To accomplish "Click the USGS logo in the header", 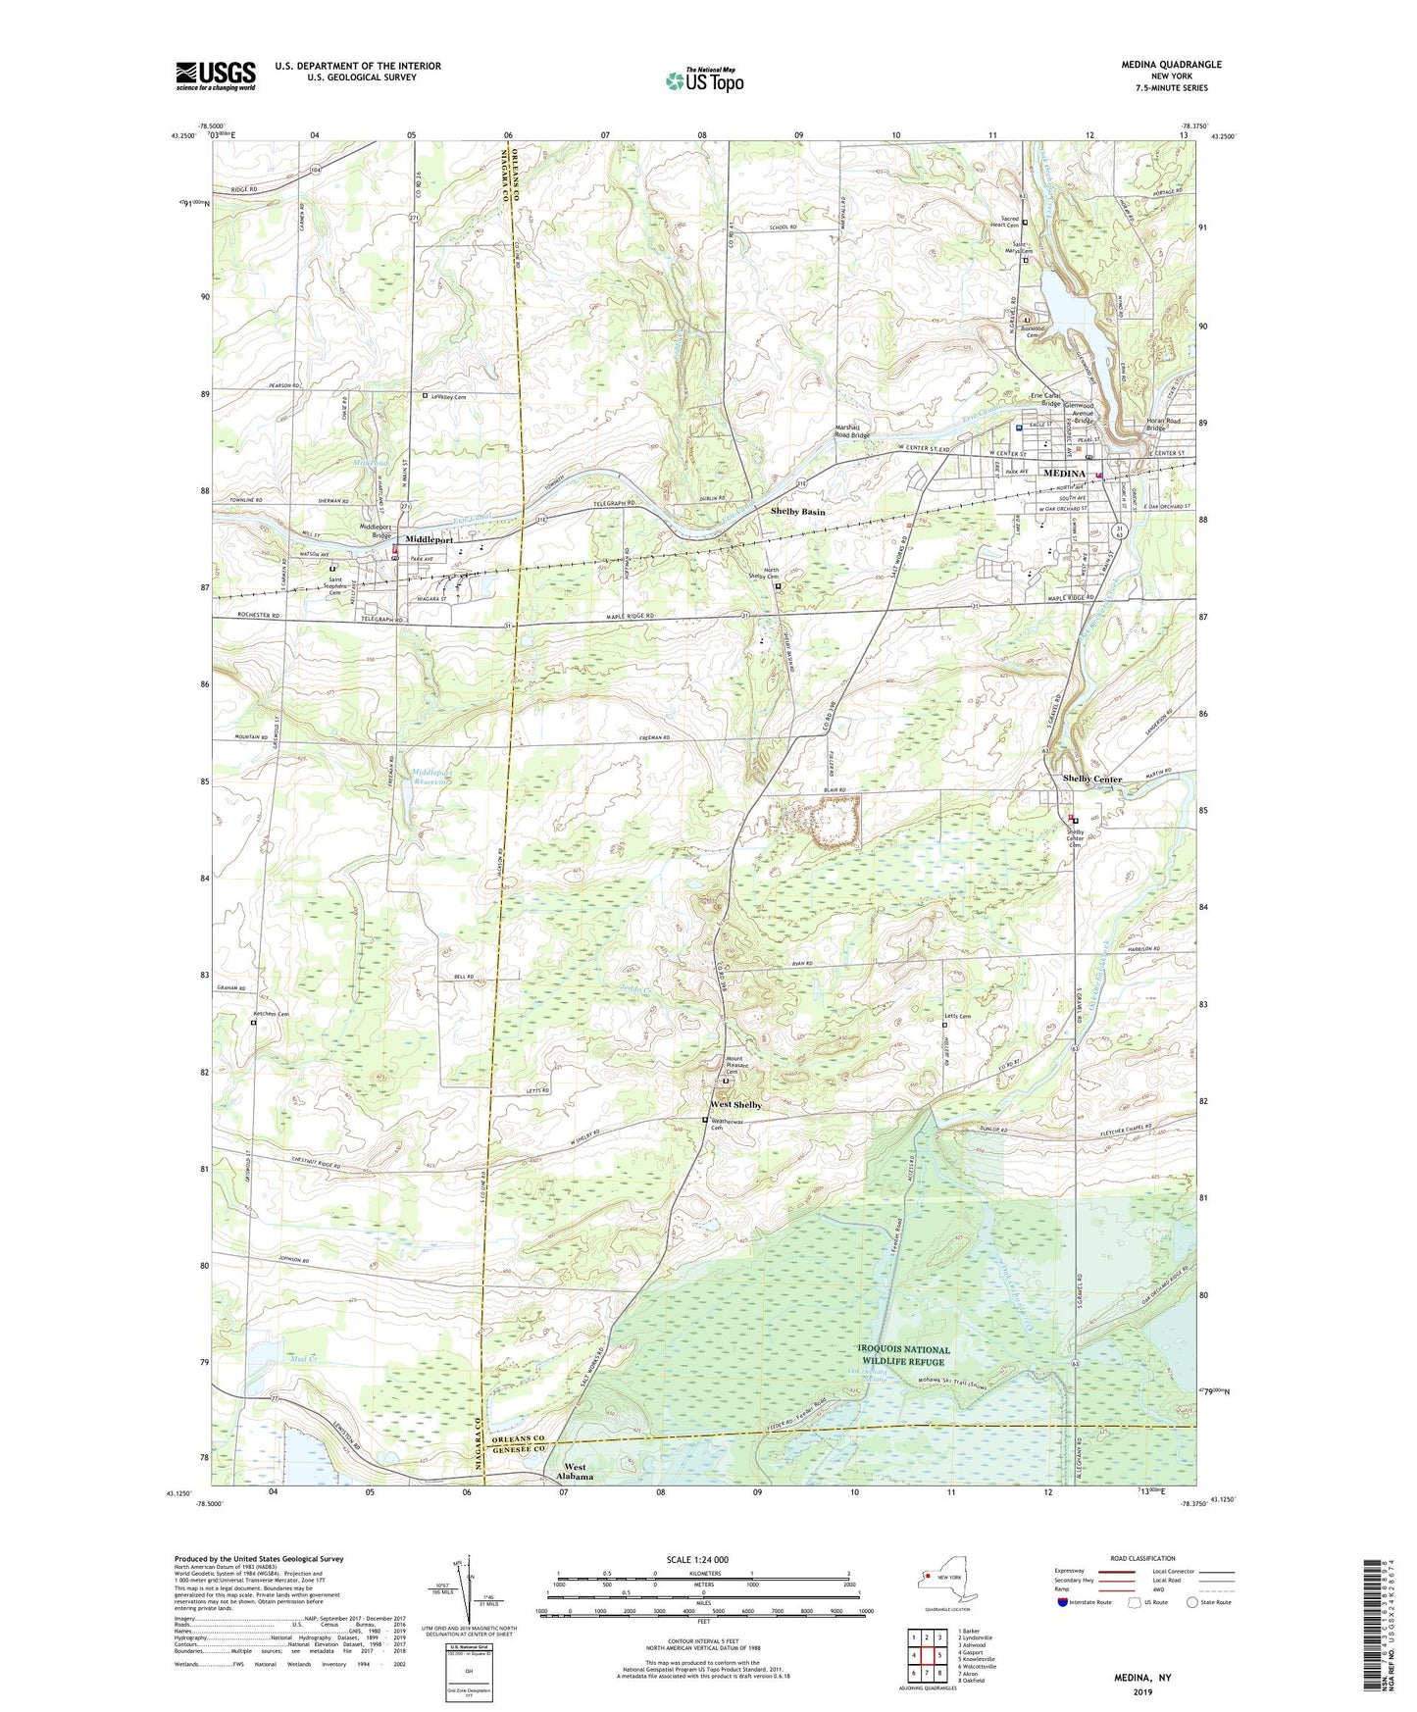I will tap(216, 76).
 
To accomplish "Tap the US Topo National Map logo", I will tap(704, 79).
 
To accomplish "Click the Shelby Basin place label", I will tap(797, 512).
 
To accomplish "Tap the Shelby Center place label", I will tap(1091, 779).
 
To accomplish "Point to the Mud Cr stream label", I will tap(306, 1358).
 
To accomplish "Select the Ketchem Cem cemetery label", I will tap(272, 1014).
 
